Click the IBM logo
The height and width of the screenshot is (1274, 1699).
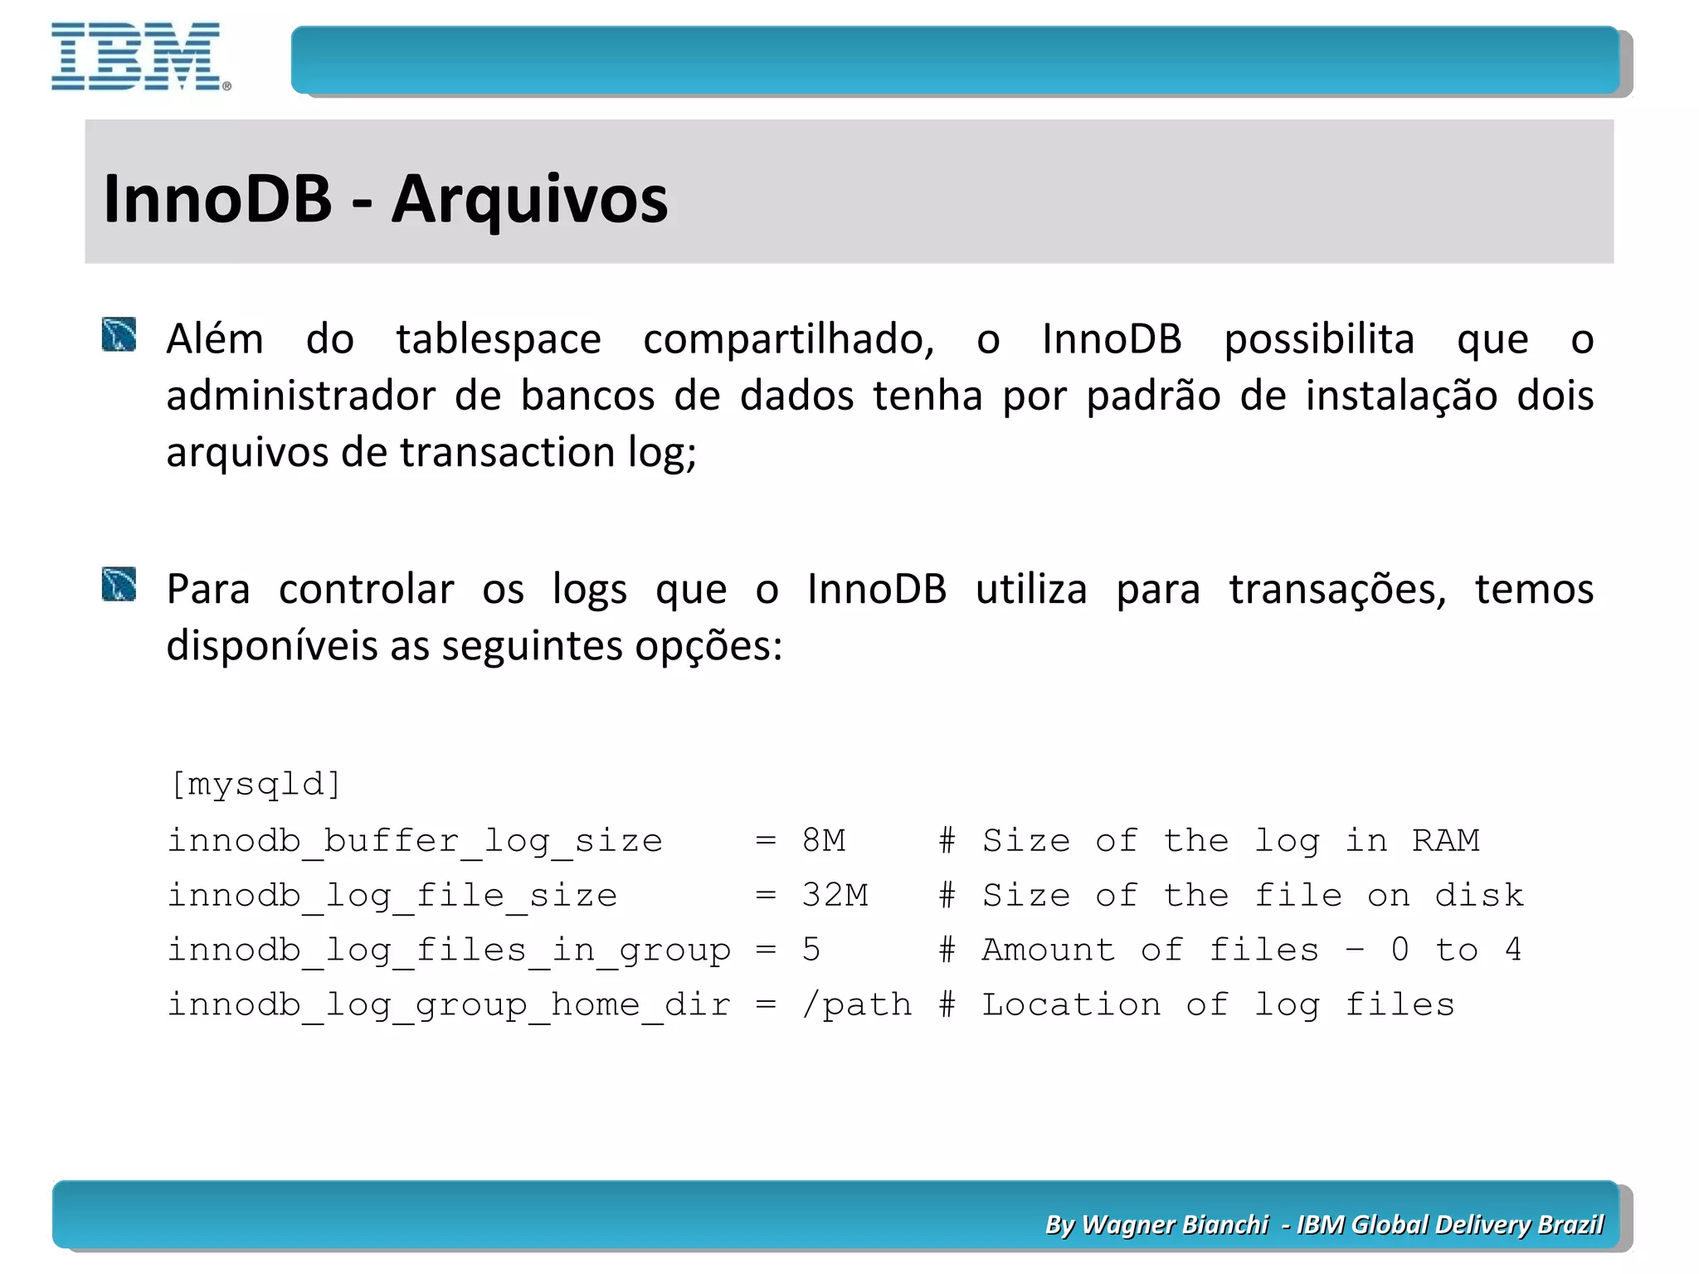pos(138,56)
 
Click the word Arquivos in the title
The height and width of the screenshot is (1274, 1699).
pos(529,200)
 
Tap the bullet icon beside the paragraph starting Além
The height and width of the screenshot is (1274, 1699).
pos(119,334)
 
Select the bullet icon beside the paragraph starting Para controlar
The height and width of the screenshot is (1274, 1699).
pos(119,584)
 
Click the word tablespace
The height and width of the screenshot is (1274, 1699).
pos(498,339)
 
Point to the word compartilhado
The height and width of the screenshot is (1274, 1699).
pos(788,339)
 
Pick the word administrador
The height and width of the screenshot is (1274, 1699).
pos(300,396)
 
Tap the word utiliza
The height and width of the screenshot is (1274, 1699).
pos(1030,590)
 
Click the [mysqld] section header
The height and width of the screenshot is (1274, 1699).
pos(256,784)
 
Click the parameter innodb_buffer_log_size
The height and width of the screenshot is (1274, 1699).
pos(415,841)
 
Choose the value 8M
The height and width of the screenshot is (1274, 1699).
pos(823,841)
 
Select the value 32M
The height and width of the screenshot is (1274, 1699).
pos(835,896)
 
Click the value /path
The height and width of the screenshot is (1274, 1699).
pos(856,1005)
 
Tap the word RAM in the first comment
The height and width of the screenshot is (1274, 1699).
pos(1445,841)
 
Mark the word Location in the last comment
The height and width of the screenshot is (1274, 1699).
pos(1071,1005)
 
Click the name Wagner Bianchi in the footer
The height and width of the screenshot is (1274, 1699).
pos(1175,1224)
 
